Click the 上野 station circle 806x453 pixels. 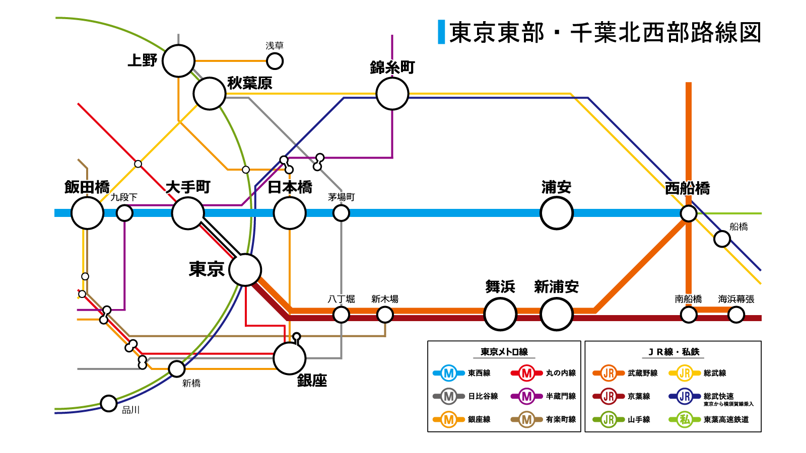[178, 61]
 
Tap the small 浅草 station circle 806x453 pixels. [275, 61]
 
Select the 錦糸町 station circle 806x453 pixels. [392, 94]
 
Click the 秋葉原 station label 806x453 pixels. [250, 83]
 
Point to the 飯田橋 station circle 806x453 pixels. [87, 213]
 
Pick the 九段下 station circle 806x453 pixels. [124, 213]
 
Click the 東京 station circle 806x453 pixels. [245, 270]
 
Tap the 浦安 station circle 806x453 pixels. [556, 213]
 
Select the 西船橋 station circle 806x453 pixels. [688, 213]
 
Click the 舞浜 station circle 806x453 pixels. [500, 314]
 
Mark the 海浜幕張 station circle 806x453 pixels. [736, 315]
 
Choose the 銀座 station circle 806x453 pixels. [290, 358]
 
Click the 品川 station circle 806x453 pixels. [109, 403]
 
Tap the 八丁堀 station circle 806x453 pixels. [341, 315]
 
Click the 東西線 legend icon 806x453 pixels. [448, 373]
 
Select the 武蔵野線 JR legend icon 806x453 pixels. [609, 373]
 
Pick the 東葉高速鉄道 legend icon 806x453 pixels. [685, 419]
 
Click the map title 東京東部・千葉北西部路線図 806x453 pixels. [604, 33]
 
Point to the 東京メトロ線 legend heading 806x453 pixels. [504, 352]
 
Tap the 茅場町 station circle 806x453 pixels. [341, 213]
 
